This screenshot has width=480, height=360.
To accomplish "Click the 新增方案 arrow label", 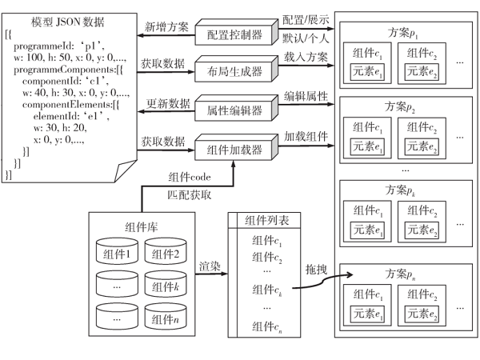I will pyautogui.click(x=166, y=27).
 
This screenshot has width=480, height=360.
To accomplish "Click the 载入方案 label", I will pyautogui.click(x=306, y=58).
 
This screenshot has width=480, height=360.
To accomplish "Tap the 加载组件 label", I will pyautogui.click(x=306, y=136).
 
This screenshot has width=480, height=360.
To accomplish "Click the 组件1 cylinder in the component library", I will pyautogui.click(x=116, y=255).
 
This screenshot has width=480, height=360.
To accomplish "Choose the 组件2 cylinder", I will pyautogui.click(x=164, y=255).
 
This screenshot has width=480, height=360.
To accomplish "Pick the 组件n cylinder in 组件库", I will pyautogui.click(x=164, y=318).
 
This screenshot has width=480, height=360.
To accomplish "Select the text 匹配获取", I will pyautogui.click(x=189, y=194).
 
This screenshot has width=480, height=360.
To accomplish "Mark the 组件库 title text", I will pyautogui.click(x=141, y=226).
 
